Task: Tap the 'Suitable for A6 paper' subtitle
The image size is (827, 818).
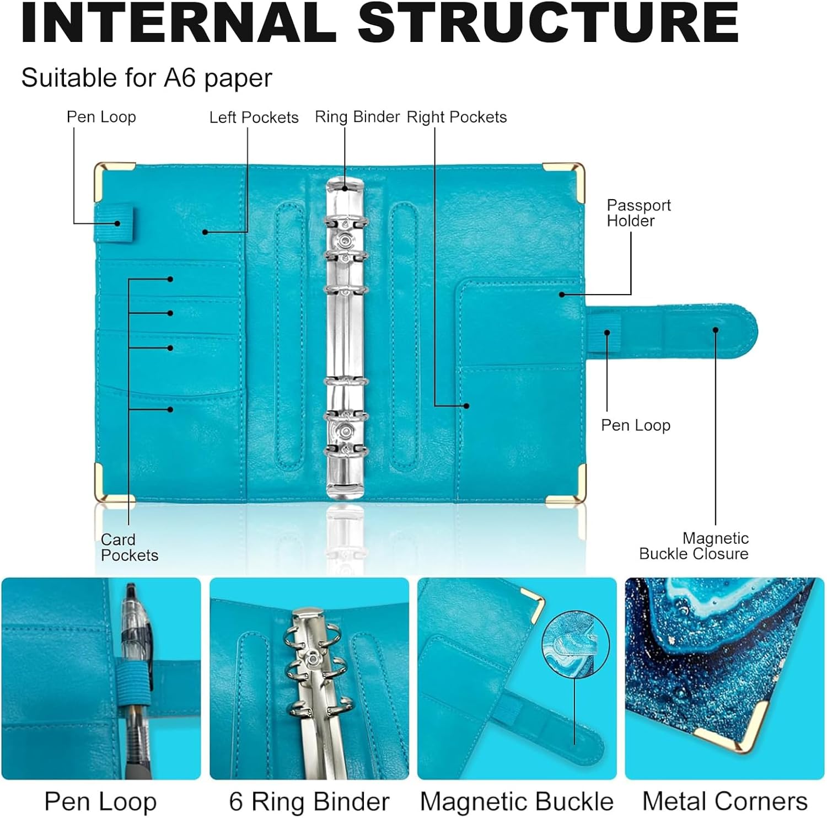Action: pyautogui.click(x=147, y=78)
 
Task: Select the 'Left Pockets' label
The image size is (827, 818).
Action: pyautogui.click(x=254, y=117)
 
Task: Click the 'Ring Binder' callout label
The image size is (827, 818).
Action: pyautogui.click(x=357, y=117)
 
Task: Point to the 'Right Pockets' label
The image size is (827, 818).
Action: pyautogui.click(x=457, y=117)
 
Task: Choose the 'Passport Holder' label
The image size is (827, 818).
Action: pyautogui.click(x=638, y=213)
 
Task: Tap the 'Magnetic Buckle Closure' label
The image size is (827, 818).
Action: pyautogui.click(x=694, y=546)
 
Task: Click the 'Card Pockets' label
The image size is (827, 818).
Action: pyautogui.click(x=129, y=547)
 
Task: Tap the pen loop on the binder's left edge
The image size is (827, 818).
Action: pyautogui.click(x=114, y=223)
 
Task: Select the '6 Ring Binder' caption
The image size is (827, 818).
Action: pyautogui.click(x=309, y=801)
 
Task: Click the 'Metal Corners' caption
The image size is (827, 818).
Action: pyautogui.click(x=724, y=801)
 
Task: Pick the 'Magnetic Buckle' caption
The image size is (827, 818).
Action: pyautogui.click(x=517, y=801)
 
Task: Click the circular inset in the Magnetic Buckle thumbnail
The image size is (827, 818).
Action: pyautogui.click(x=576, y=643)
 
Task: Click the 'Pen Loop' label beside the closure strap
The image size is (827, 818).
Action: pyautogui.click(x=636, y=425)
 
